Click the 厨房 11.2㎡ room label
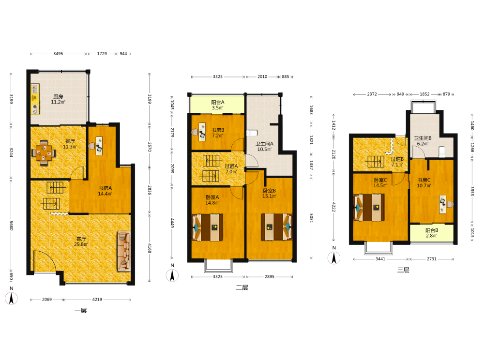pos(58,99)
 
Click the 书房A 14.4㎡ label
pos(105,191)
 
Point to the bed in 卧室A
pos(208,227)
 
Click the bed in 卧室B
pos(276,227)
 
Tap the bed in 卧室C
pos(369,208)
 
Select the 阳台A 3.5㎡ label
pos(218,105)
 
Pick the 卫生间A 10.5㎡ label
pos(264,147)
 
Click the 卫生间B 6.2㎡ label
pos(423,141)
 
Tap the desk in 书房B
pos(202,132)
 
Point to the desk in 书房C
pos(443,204)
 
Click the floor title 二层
pos(242,287)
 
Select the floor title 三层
pos(403,270)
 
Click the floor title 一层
pos(80,311)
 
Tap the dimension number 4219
pos(97,300)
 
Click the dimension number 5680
pos(11,226)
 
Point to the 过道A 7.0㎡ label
pos(231,169)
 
